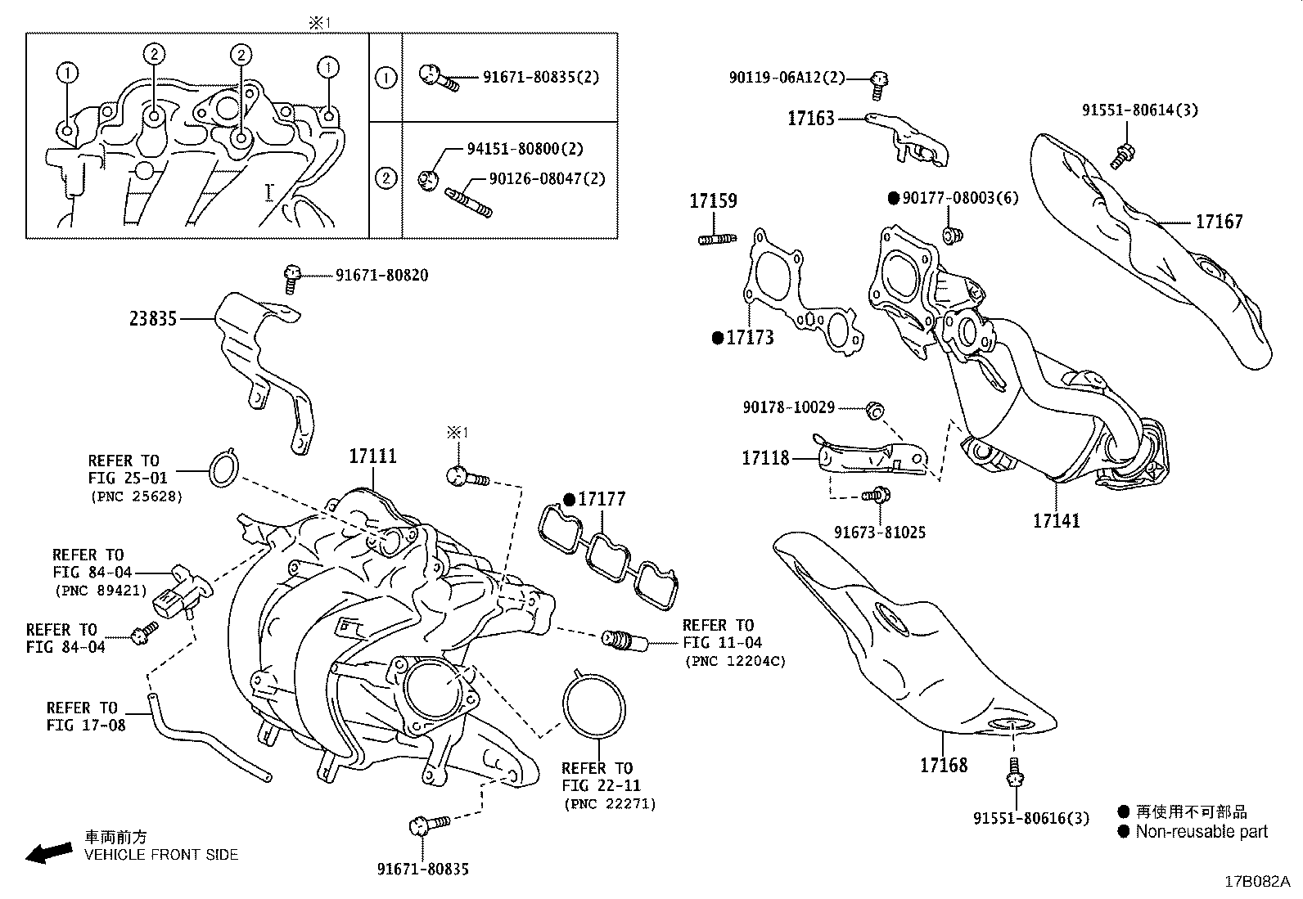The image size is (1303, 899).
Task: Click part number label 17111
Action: [x=372, y=456]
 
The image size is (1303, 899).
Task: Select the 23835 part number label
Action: [x=154, y=318]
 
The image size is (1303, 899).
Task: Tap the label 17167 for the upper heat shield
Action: [x=1219, y=221]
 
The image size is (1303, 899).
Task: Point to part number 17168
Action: [x=943, y=765]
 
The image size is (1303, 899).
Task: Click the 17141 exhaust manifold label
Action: [x=1056, y=519]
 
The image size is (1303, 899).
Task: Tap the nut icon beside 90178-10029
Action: [x=873, y=408]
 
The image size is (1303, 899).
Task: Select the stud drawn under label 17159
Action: [x=716, y=239]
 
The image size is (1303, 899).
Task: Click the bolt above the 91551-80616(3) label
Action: [x=1014, y=771]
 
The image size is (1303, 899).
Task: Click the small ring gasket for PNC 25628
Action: [x=222, y=468]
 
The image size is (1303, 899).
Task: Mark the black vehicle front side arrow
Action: [x=47, y=853]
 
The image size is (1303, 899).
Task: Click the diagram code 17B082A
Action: [x=1256, y=882]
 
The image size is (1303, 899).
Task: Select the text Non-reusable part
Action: [x=1201, y=832]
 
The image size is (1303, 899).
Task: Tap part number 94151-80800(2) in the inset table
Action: [x=525, y=149]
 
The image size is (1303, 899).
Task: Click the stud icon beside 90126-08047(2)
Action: [x=468, y=201]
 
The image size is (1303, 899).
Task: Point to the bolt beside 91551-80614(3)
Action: [x=1122, y=155]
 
